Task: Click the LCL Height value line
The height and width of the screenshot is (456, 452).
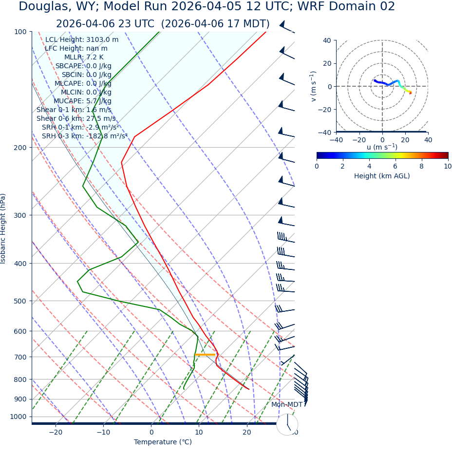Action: pyautogui.click(x=82, y=39)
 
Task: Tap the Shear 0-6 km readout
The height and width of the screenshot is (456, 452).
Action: pyautogui.click(x=76, y=118)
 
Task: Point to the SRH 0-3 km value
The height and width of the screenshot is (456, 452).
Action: pyautogui.click(x=84, y=136)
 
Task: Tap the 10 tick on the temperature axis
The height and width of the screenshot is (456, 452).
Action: pyautogui.click(x=199, y=433)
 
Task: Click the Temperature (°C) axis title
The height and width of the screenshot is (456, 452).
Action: pyautogui.click(x=163, y=442)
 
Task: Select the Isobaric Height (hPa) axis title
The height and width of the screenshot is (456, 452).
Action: pyautogui.click(x=3, y=228)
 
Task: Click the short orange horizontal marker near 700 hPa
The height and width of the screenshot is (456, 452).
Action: pyautogui.click(x=205, y=354)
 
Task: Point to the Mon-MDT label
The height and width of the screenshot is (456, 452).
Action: pyautogui.click(x=287, y=404)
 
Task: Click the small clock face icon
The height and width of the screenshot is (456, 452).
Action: pyautogui.click(x=287, y=424)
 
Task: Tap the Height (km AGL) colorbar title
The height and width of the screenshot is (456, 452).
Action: pyautogui.click(x=382, y=176)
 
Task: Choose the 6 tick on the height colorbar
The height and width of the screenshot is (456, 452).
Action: pyautogui.click(x=395, y=166)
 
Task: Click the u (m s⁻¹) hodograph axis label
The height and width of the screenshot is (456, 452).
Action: pyautogui.click(x=382, y=147)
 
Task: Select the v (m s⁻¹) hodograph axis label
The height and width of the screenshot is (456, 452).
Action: pyautogui.click(x=314, y=86)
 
